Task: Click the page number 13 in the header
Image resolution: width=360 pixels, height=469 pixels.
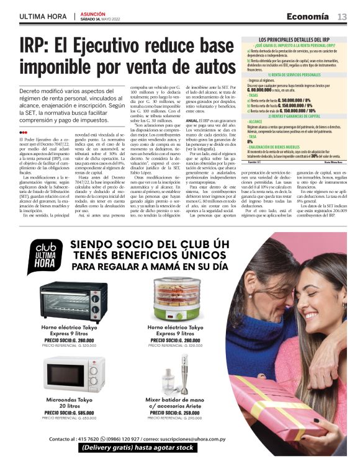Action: coord(342,16)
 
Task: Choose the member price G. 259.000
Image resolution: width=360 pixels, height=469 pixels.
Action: coord(174,413)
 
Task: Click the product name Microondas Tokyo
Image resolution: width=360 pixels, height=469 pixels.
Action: coord(65,400)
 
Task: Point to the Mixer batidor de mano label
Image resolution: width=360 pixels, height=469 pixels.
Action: coord(174,400)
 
